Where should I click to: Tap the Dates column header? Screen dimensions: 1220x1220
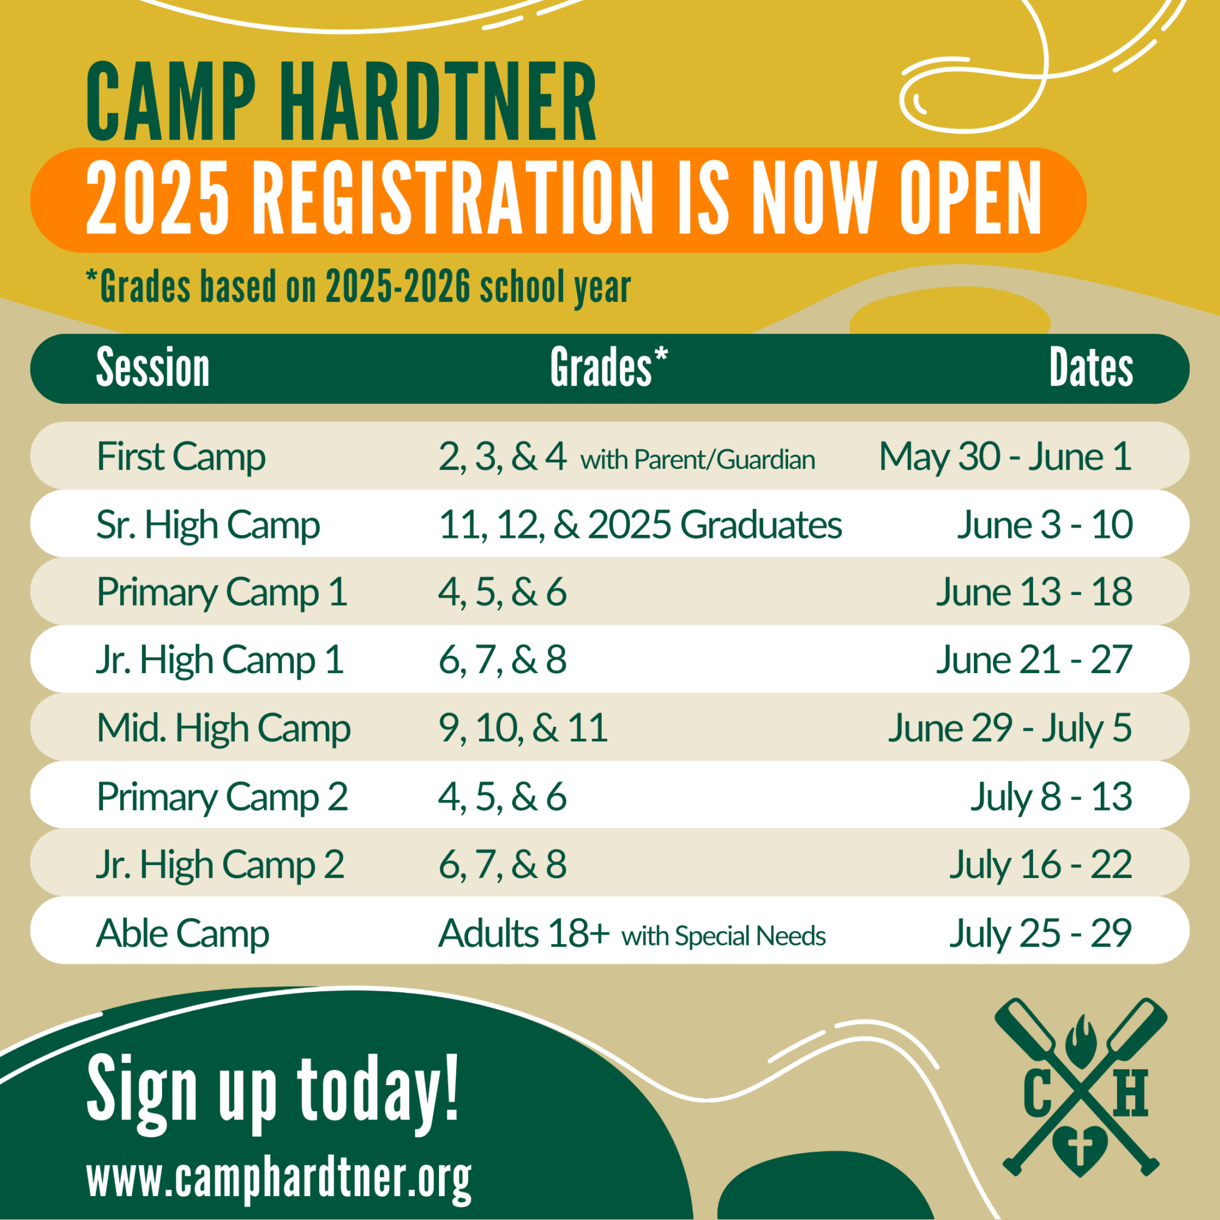(1091, 368)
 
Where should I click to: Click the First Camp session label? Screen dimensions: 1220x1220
(180, 456)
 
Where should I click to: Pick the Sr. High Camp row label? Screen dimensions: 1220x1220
(208, 525)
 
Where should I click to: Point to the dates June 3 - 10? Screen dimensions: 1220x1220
(1044, 525)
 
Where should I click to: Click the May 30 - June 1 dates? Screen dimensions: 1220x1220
(1005, 456)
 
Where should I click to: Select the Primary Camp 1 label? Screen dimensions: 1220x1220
(222, 592)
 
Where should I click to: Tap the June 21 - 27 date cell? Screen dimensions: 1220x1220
(1034, 661)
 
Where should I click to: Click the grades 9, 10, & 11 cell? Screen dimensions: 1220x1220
(523, 728)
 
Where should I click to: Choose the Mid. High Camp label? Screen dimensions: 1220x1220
(223, 728)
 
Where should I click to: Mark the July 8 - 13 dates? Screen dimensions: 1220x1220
(1051, 796)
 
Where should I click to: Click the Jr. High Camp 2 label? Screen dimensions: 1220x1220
(220, 864)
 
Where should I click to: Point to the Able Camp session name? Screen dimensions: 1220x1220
(182, 933)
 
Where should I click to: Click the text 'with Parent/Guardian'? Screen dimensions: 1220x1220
(698, 460)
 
